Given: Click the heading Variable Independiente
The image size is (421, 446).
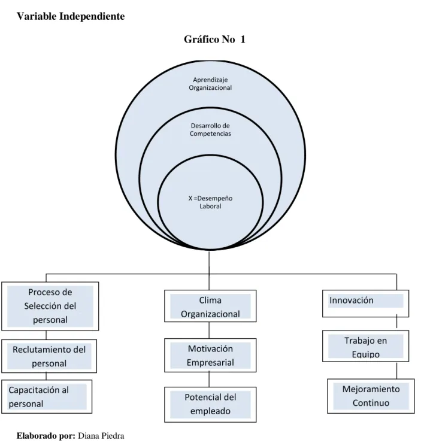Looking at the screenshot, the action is click(x=71, y=16).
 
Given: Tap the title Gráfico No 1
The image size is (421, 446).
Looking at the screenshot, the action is click(x=214, y=40).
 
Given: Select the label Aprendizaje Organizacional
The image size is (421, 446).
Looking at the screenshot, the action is click(x=210, y=84).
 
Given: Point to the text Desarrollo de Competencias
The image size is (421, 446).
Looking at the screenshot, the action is click(x=210, y=130).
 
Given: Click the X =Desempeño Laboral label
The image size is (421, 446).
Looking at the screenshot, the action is click(x=210, y=202).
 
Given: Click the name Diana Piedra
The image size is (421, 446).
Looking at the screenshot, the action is click(x=101, y=436).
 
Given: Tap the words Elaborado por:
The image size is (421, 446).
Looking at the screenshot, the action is click(x=46, y=436).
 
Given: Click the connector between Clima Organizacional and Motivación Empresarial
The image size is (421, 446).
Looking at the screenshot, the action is click(x=209, y=330).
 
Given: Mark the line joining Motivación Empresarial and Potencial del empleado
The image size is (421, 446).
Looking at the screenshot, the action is click(x=209, y=380).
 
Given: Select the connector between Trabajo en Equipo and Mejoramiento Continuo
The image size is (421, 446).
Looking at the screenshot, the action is click(x=397, y=370).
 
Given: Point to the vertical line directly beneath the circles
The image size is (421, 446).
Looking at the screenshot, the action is click(x=209, y=262).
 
